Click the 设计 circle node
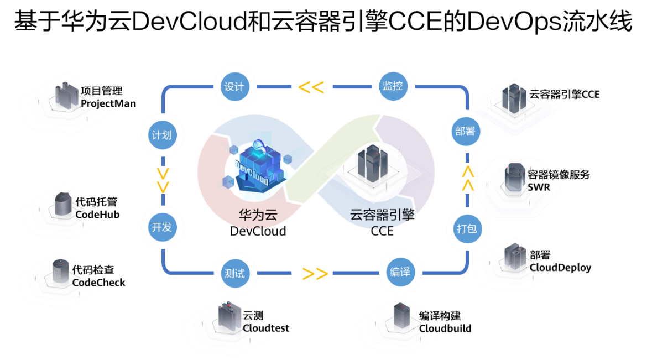(234, 87)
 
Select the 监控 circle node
(393, 87)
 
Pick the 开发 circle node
(161, 227)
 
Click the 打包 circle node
(466, 228)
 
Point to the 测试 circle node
(234, 274)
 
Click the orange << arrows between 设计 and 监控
(311, 87)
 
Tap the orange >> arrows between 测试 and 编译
(315, 274)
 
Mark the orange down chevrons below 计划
(163, 180)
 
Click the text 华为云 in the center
(258, 215)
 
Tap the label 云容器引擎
(382, 215)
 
